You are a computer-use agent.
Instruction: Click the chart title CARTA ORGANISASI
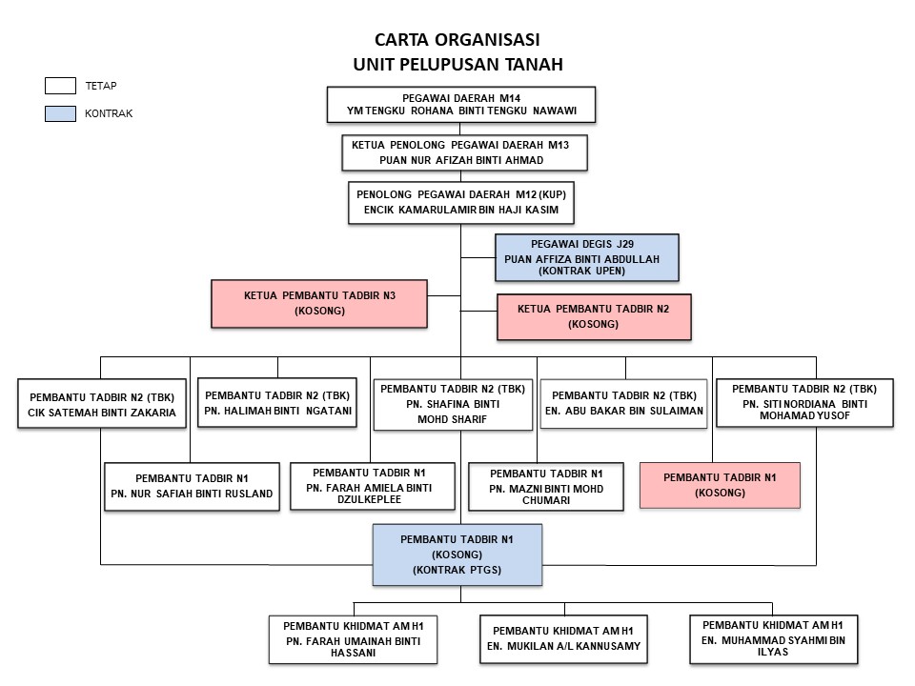457,41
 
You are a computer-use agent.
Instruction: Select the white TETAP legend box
60,86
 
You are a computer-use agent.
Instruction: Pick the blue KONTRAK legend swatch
60,113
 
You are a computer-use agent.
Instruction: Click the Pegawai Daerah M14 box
461,105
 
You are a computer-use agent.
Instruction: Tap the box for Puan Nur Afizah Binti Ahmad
463,152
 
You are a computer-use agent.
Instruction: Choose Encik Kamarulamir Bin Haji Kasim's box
463,201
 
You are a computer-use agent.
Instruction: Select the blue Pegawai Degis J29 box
587,257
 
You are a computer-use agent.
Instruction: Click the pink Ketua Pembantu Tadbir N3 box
319,303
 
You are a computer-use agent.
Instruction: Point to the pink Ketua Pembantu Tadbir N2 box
594,317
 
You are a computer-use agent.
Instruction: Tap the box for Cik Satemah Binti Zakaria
103,404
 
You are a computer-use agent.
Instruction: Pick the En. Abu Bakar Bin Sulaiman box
625,403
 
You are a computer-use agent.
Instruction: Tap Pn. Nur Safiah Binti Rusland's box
192,486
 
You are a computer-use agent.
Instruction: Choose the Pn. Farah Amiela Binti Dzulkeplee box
369,486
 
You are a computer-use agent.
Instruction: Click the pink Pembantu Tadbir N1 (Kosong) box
720,485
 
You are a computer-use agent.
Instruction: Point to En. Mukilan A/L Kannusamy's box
564,638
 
